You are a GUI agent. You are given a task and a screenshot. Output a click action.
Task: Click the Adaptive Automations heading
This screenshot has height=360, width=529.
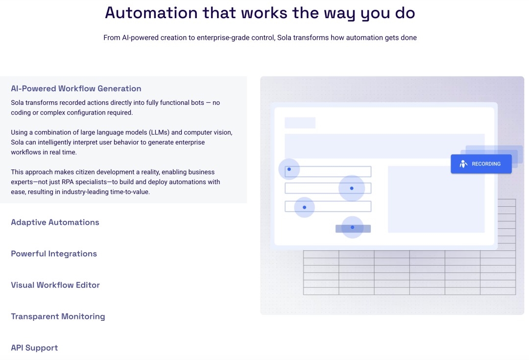(x=55, y=222)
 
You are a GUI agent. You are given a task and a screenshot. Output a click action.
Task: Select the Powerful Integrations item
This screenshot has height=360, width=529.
(x=54, y=254)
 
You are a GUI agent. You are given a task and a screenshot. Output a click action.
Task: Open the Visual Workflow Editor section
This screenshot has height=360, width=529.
(x=55, y=285)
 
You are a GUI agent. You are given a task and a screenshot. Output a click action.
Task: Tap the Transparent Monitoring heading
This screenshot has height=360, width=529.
(x=58, y=316)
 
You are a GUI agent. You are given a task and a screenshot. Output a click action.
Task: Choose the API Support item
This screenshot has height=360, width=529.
(x=34, y=348)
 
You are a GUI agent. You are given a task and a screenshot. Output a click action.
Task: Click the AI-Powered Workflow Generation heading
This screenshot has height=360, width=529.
(x=76, y=89)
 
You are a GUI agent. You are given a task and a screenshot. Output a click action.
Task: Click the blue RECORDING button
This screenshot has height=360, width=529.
(x=481, y=164)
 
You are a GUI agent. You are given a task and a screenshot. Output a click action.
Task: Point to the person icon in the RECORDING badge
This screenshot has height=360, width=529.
(x=463, y=164)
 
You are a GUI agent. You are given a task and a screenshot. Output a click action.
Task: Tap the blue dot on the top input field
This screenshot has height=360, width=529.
(x=289, y=169)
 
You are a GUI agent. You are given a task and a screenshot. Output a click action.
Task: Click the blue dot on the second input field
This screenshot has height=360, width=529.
(x=352, y=188)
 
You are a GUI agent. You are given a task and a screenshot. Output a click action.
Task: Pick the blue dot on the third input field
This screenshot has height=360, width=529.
(x=304, y=207)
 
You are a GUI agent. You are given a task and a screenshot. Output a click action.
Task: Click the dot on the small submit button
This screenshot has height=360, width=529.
(x=352, y=227)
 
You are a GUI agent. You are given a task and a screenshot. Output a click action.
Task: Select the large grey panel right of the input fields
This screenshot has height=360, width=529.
(x=436, y=199)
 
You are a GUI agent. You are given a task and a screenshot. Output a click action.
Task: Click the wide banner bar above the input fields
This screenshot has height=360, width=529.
(x=385, y=146)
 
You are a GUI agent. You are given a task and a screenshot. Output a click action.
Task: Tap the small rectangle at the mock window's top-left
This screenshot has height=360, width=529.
(x=300, y=122)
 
